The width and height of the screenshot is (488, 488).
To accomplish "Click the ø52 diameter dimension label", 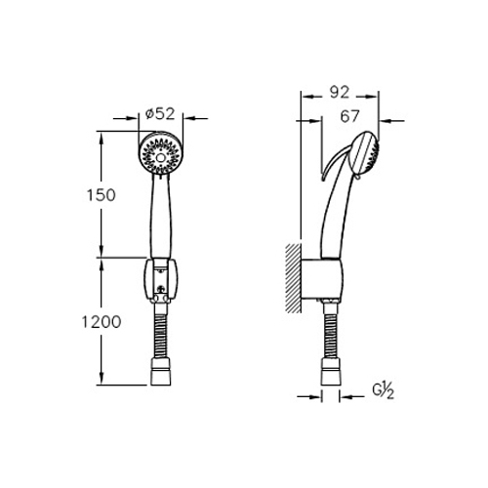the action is [160, 114].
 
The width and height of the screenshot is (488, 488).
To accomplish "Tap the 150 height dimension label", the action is [101, 195].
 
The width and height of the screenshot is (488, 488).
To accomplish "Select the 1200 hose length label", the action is [101, 322].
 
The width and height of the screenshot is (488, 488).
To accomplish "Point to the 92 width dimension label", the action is [340, 92].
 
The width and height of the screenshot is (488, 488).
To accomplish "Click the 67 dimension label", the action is [350, 116].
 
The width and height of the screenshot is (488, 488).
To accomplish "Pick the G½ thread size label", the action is [384, 391].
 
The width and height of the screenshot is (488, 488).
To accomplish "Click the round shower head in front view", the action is [160, 154].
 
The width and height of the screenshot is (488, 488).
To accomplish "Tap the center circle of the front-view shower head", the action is [160, 158].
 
